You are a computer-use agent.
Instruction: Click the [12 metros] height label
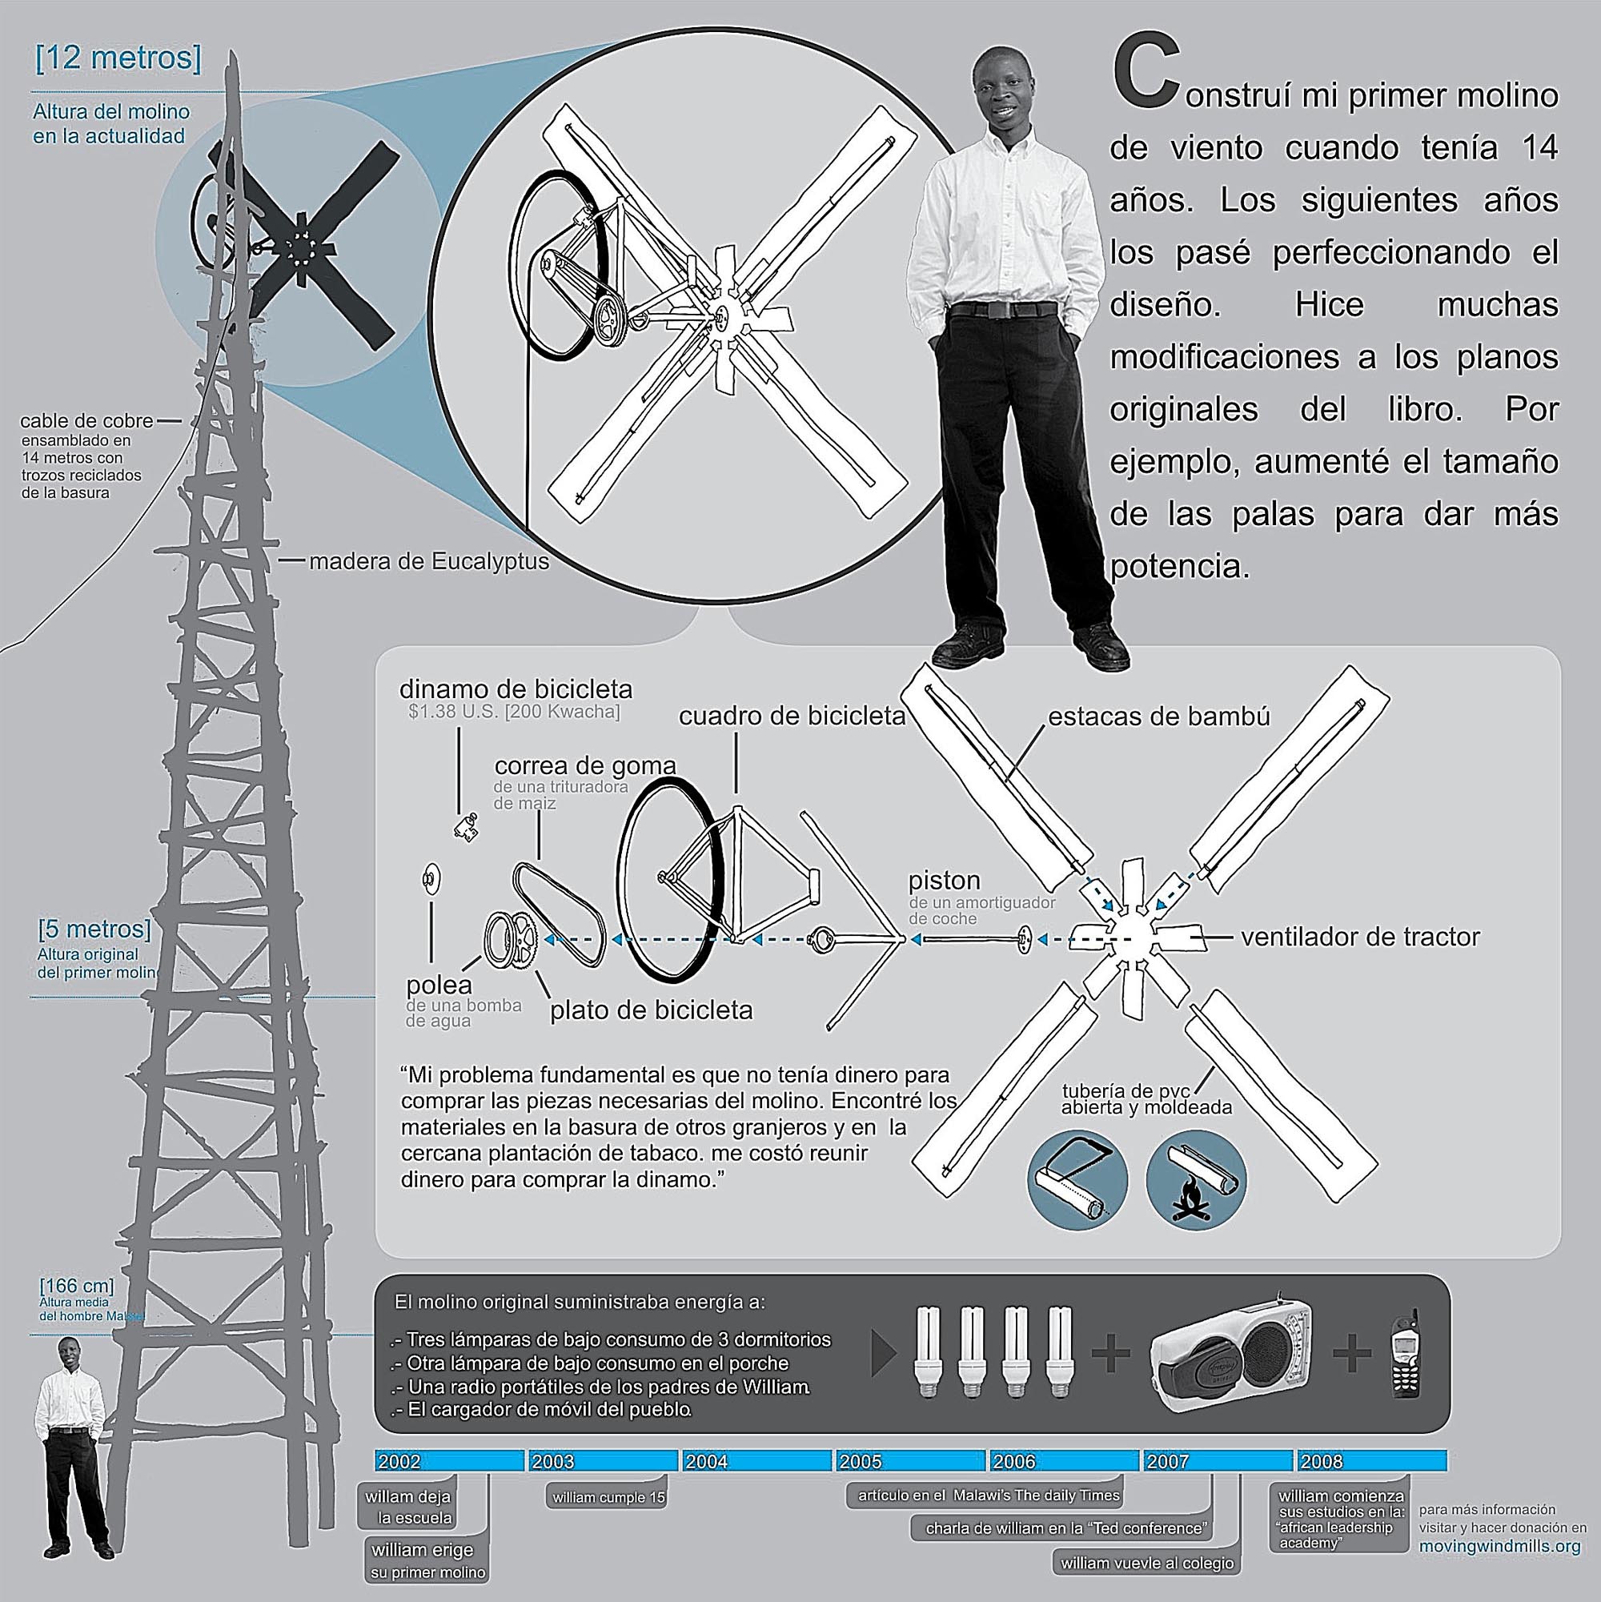118,61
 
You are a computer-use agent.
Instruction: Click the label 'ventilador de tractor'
1360,938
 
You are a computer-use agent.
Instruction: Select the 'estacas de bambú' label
1159,717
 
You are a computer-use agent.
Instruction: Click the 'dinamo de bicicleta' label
516,689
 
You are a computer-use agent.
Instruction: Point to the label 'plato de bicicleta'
652,1010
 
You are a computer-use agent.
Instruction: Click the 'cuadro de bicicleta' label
792,717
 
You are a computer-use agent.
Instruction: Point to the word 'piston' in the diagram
945,880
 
